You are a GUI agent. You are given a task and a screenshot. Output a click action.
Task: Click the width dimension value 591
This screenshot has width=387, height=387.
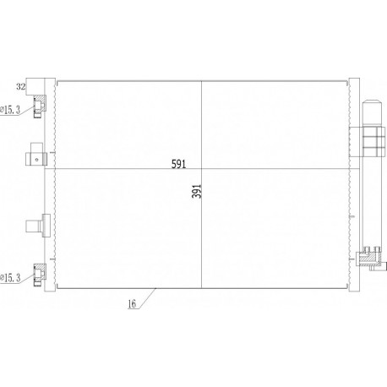pos(177,162)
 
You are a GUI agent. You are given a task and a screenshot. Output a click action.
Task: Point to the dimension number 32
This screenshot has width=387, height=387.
pos(21,86)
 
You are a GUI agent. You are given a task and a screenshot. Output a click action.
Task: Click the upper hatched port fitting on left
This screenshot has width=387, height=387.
pos(38,106)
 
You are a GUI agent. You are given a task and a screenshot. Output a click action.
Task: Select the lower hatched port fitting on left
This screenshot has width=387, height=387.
pos(38,272)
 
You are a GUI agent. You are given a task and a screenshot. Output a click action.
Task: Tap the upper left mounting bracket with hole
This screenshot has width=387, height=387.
pos(35,156)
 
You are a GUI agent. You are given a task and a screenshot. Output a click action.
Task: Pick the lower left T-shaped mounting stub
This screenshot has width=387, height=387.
pos(34,226)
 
